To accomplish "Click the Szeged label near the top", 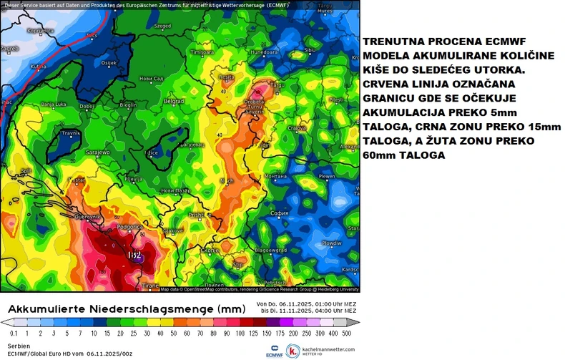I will coord(162,26).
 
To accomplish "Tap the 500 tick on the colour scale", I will coord(347,334).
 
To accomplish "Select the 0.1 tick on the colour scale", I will coord(14,334).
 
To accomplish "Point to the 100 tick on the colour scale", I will coord(220,334).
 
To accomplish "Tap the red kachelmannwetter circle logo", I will coord(293,351).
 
